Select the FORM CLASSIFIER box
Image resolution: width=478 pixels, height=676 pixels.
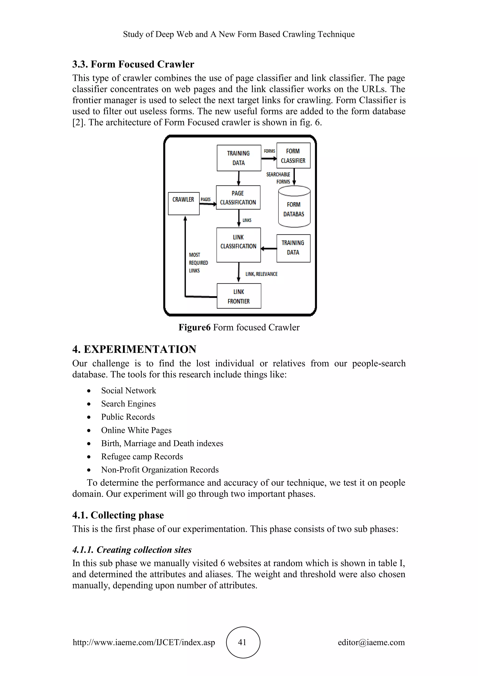293,156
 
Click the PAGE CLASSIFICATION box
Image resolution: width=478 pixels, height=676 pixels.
238,197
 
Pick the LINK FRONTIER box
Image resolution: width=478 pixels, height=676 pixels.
239,296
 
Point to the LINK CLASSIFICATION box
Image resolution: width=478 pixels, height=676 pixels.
238,245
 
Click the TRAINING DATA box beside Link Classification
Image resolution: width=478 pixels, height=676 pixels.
293,248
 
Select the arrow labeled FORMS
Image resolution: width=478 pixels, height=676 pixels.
269,158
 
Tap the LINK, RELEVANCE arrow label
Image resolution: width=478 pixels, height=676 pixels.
261,274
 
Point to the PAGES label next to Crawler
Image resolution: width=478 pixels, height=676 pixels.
205,199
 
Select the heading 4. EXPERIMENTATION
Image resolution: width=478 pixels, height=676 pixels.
134,349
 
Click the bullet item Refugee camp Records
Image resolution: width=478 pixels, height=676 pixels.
142,456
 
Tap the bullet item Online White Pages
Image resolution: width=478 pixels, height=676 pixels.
136,430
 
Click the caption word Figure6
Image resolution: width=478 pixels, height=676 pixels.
195,327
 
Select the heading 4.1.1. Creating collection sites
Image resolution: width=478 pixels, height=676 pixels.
132,550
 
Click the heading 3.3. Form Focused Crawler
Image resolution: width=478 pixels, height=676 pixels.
133,64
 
